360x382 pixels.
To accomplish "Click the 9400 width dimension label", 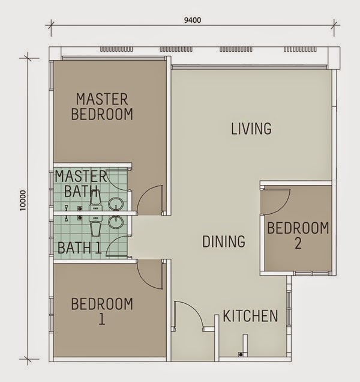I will [191, 19].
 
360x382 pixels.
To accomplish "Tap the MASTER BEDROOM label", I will [102, 106].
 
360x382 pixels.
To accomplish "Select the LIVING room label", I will [251, 129].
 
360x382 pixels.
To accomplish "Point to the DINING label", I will [223, 241].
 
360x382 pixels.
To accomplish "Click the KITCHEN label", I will [250, 316].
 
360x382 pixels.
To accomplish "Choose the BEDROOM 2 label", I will [298, 235].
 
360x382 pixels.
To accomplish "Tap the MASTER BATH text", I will [81, 184].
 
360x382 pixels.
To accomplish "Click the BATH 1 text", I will [79, 247].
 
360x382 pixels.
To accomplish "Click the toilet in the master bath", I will [95, 205].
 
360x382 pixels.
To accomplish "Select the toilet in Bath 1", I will [95, 226].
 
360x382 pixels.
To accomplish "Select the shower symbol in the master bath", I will [80, 208].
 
